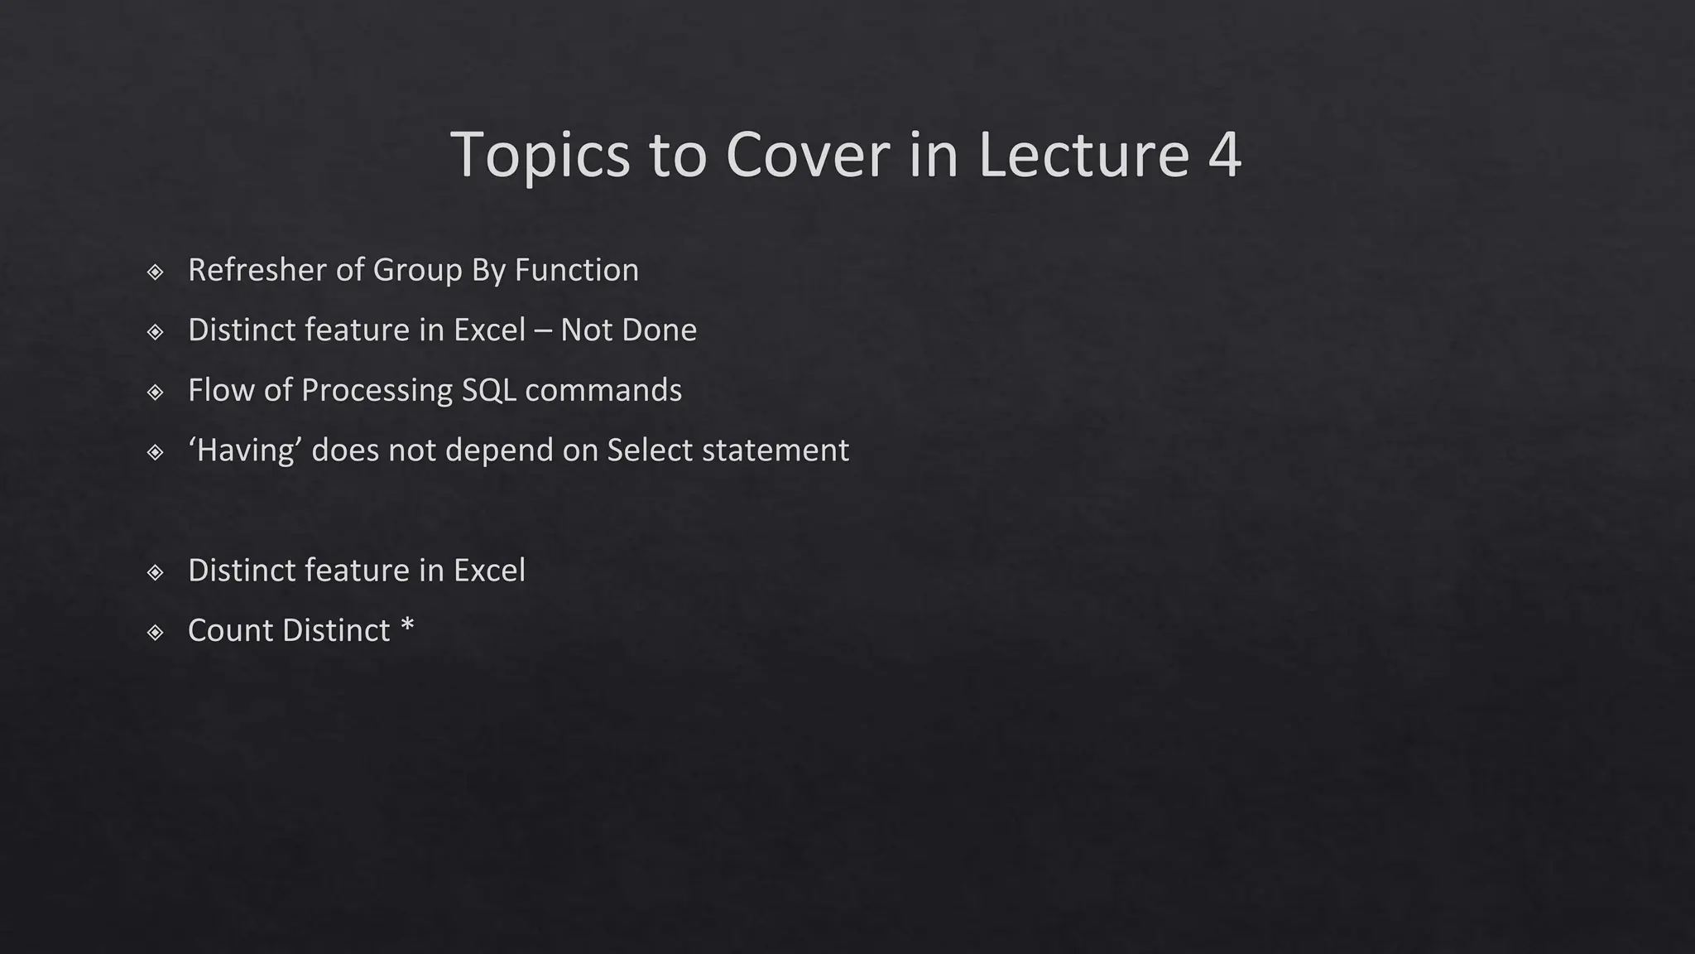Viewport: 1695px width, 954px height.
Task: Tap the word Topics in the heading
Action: [x=540, y=155]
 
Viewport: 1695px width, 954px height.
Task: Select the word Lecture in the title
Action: [x=1083, y=155]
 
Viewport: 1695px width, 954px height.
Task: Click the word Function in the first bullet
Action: [x=576, y=270]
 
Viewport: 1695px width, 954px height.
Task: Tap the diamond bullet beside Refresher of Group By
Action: [x=155, y=272]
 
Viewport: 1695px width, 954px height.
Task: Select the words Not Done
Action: [x=628, y=330]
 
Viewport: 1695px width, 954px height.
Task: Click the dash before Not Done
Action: [x=543, y=330]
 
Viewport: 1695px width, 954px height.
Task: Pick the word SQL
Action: [x=488, y=390]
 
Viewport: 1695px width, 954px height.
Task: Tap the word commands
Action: [x=603, y=390]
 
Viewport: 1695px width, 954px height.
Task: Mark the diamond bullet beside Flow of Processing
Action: [x=155, y=392]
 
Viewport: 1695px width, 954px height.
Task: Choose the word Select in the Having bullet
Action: [x=650, y=450]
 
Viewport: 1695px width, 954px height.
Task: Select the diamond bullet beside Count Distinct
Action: [x=155, y=633]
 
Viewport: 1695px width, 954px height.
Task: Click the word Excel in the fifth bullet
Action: [x=489, y=571]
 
